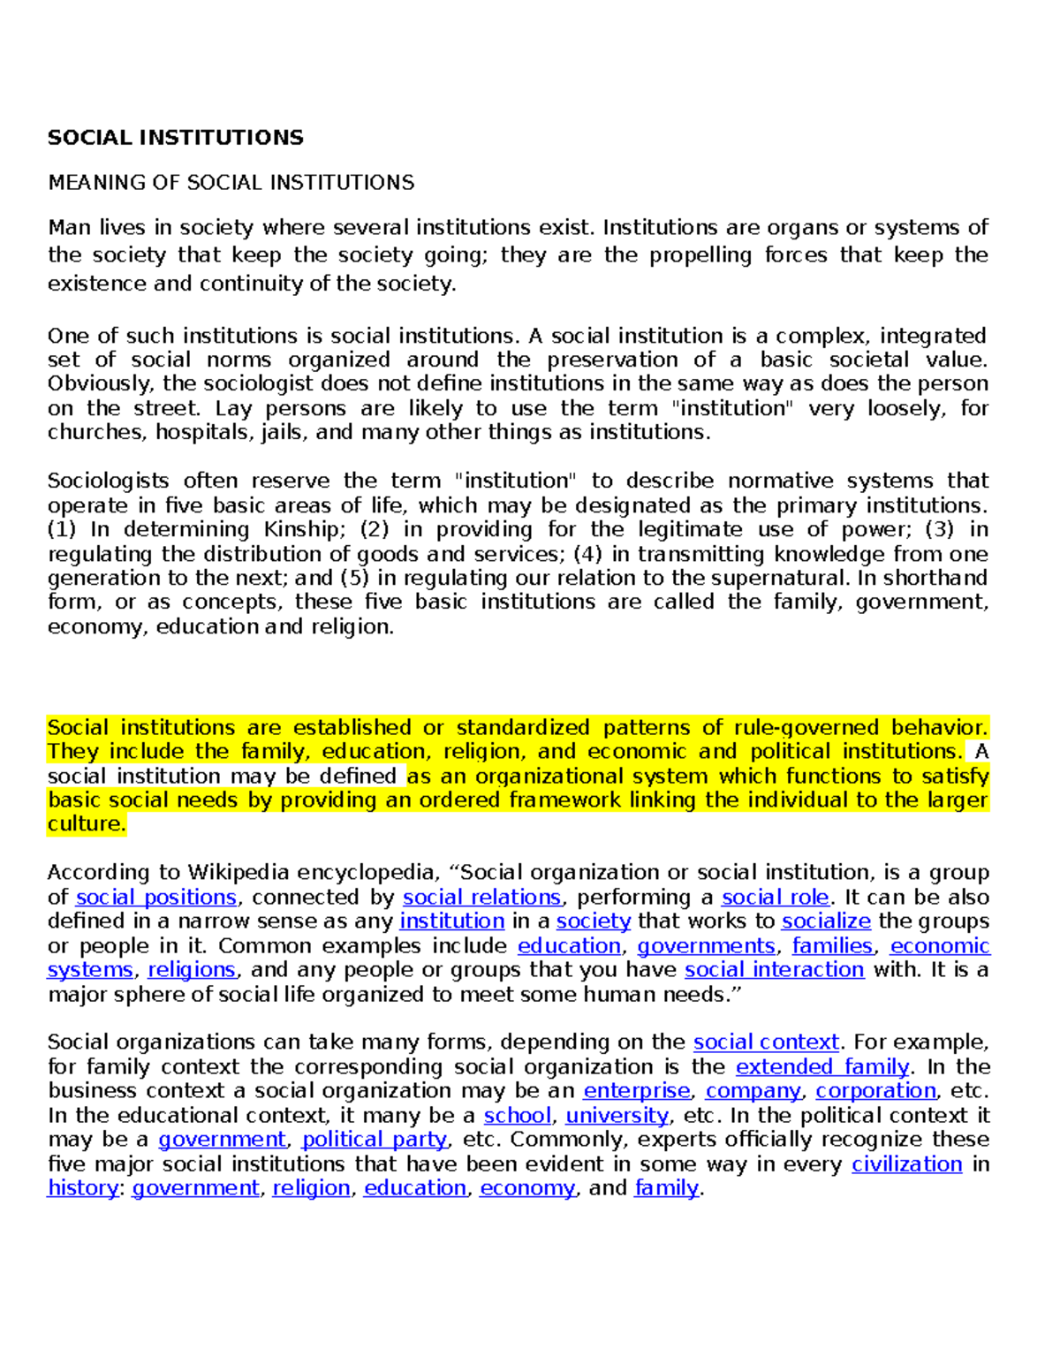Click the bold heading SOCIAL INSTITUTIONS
pyautogui.click(x=175, y=138)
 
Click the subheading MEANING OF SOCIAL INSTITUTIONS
pyautogui.click(x=231, y=183)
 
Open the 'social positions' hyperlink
pyautogui.click(x=156, y=898)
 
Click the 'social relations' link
pyautogui.click(x=482, y=898)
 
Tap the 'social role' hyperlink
pyautogui.click(x=776, y=898)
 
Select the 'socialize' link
pyautogui.click(x=826, y=921)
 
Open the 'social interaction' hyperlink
pyautogui.click(x=774, y=970)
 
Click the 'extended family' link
pyautogui.click(x=822, y=1067)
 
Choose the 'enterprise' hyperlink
pyautogui.click(x=637, y=1091)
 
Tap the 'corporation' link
pyautogui.click(x=875, y=1091)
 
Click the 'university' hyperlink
pyautogui.click(x=617, y=1116)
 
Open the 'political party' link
pyautogui.click(x=375, y=1140)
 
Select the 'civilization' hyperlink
pyautogui.click(x=906, y=1164)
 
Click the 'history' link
pyautogui.click(x=82, y=1188)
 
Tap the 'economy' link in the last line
pyautogui.click(x=527, y=1188)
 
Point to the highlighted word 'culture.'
pyautogui.click(x=87, y=824)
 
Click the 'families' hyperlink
pyautogui.click(x=832, y=946)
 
